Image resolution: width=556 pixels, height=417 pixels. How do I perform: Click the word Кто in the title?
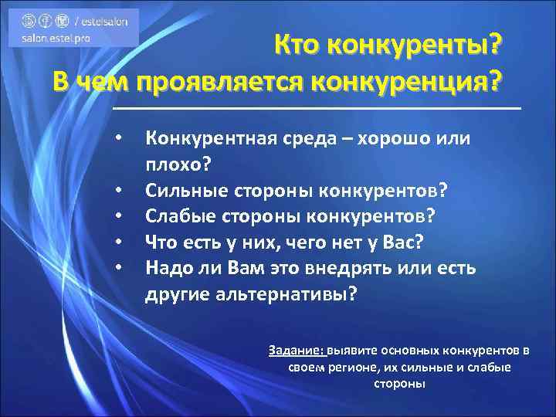pyautogui.click(x=301, y=49)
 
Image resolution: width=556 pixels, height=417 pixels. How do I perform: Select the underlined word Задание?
pyautogui.click(x=297, y=350)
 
